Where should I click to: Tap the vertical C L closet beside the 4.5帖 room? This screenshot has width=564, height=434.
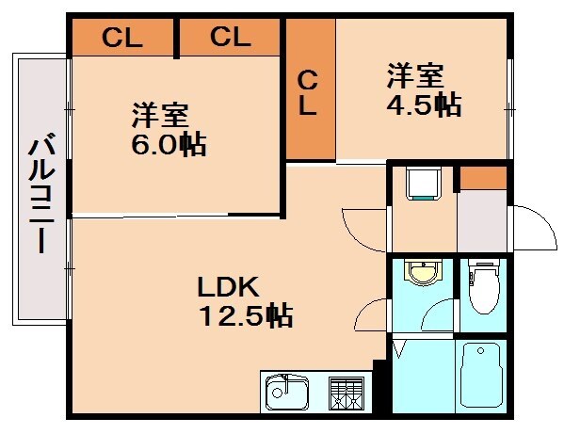tap(308, 92)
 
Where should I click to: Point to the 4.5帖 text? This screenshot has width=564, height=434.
tap(424, 104)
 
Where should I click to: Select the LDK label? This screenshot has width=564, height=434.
tap(227, 286)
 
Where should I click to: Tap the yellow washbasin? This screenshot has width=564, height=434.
tap(423, 274)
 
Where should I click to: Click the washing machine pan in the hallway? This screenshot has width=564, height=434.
tap(423, 184)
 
